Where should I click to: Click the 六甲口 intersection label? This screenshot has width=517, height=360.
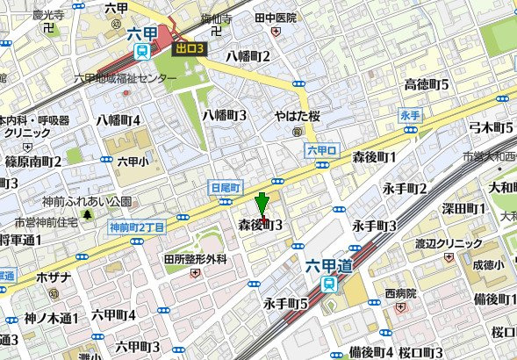322,151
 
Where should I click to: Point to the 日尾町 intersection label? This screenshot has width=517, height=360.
226,187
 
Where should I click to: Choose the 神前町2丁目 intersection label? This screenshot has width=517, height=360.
137,228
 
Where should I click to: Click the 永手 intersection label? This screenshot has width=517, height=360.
410,116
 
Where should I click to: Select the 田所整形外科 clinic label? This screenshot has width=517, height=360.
195,260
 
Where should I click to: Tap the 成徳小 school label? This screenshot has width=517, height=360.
488,263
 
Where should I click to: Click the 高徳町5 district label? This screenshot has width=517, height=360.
426,84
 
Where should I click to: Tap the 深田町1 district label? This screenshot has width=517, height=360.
463,209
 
